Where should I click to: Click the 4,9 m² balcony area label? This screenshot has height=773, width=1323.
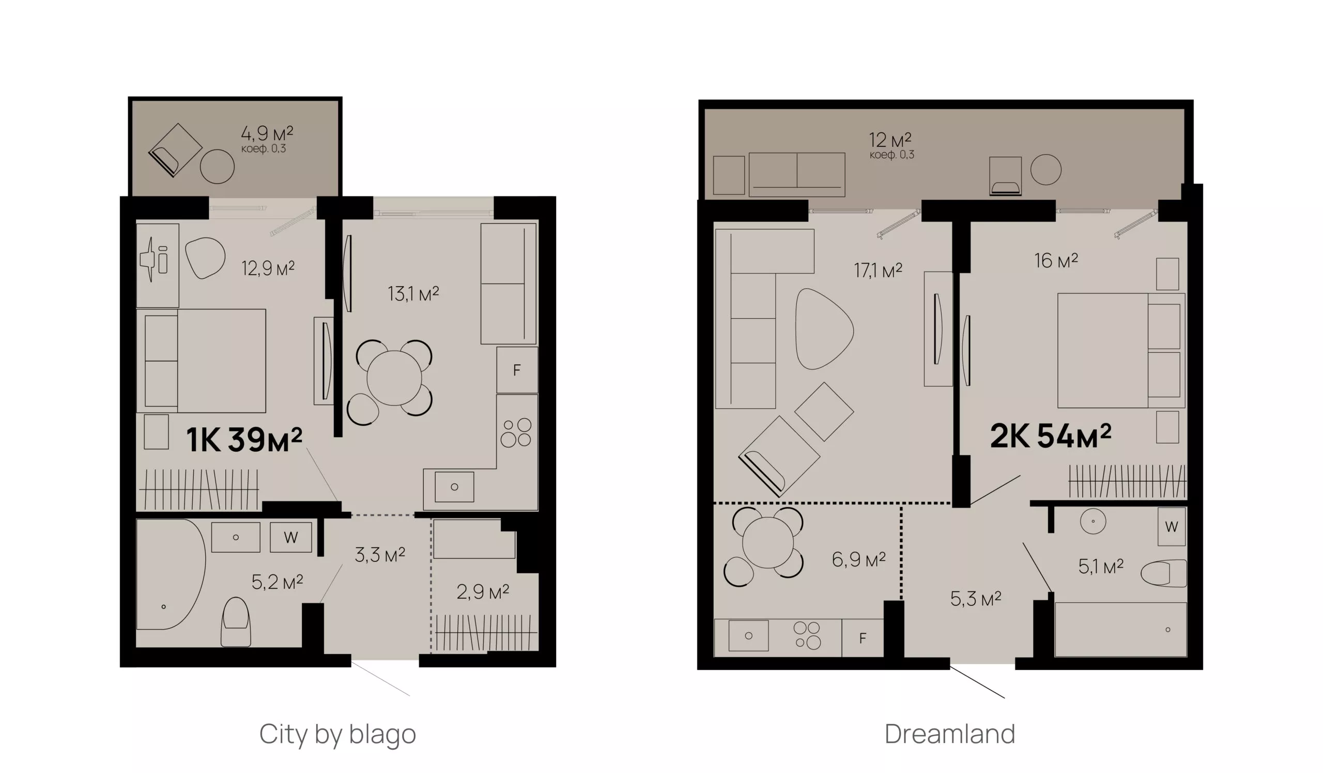click(x=267, y=133)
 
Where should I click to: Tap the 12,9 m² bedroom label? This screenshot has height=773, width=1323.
click(x=268, y=269)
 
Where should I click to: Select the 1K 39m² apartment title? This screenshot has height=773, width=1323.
click(x=244, y=440)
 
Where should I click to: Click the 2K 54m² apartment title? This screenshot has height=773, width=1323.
click(x=1051, y=436)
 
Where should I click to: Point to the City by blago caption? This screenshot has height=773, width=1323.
click(x=337, y=735)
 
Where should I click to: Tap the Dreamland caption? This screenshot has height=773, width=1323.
click(x=950, y=734)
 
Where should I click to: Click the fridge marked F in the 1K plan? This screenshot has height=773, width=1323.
click(x=517, y=370)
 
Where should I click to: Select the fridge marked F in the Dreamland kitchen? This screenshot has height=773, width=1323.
click(x=863, y=638)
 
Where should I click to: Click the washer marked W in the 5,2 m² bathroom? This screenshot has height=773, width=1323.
click(x=291, y=537)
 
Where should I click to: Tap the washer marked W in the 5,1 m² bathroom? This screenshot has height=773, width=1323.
click(x=1172, y=527)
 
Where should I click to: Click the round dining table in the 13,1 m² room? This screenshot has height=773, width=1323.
click(x=394, y=378)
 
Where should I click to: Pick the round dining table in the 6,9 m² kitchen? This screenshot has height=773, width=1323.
click(x=767, y=543)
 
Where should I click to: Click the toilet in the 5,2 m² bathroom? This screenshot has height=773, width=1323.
click(x=236, y=621)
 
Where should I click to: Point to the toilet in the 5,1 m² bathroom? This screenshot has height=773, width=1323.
click(x=1164, y=573)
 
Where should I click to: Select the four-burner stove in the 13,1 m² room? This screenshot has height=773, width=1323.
click(x=516, y=432)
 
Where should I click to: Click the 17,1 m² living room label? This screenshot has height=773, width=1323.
click(x=878, y=271)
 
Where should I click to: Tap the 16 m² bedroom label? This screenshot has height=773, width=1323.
click(x=1056, y=260)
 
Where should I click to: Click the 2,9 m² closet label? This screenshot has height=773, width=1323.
click(x=483, y=592)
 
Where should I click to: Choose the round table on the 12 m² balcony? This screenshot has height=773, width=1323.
click(x=1046, y=169)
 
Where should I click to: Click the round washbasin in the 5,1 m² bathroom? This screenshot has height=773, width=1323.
click(x=1093, y=522)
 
